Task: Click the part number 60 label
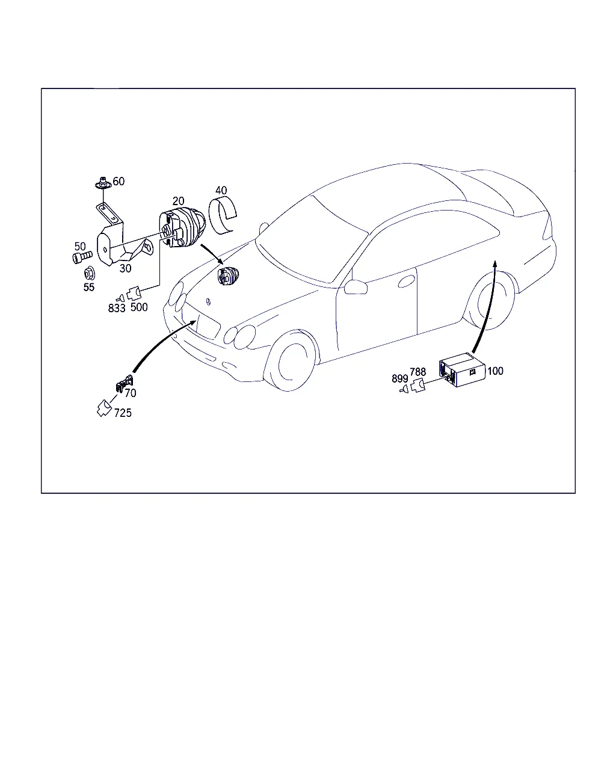point(119,182)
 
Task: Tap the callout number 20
point(178,201)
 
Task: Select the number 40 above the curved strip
point(221,190)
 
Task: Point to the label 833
point(117,308)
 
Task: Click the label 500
point(139,307)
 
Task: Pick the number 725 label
point(123,413)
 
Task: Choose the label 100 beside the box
point(495,371)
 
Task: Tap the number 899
point(400,378)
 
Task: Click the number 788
point(417,372)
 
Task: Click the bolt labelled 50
point(82,257)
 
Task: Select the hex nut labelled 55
point(89,274)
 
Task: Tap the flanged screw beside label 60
point(103,183)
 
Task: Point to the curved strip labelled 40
point(222,215)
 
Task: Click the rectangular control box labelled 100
point(462,369)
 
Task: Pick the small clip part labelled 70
point(124,383)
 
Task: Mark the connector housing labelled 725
point(104,408)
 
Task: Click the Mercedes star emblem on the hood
point(208,301)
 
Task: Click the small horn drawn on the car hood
point(228,276)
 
